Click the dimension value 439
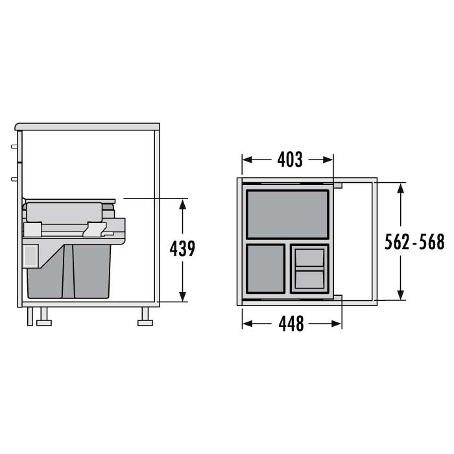pos(182,248)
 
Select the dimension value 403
pos(290,160)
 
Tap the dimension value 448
pos(291,324)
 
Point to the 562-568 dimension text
pos(414,242)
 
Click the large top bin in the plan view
pos(287,214)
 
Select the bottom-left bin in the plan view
pos(265,269)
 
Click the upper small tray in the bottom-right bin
pos(309,257)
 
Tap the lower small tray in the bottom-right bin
pos(309,280)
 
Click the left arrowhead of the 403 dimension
pos(247,160)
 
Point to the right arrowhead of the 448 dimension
pos(337,324)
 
